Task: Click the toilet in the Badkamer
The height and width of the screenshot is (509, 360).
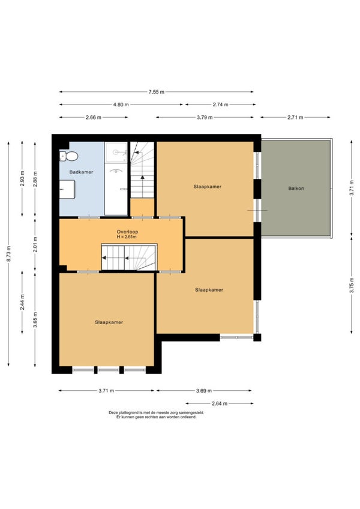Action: point(69,157)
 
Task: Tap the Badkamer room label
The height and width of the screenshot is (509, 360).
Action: point(81,172)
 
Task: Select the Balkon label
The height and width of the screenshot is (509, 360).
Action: point(296,188)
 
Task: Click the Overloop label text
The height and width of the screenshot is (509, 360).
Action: point(127,232)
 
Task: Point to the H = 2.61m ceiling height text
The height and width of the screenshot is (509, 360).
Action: point(127,237)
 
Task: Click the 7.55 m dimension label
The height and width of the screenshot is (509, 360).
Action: point(157,92)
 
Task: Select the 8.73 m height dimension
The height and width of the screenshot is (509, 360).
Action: point(9,254)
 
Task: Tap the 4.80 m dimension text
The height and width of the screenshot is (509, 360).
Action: point(121,104)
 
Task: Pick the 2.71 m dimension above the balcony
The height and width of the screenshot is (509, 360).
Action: point(295,118)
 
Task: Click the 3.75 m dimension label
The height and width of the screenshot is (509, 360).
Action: point(352,285)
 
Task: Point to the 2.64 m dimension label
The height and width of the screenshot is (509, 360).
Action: point(220,404)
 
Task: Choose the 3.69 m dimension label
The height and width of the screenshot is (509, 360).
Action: point(204,391)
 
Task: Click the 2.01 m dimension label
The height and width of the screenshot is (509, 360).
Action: point(35,244)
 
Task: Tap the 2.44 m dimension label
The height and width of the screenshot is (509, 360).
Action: point(22,303)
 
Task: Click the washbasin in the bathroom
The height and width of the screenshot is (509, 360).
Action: point(67,190)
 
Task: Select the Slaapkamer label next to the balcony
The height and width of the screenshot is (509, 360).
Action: point(208,187)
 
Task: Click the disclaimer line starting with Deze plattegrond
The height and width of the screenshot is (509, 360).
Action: point(156,412)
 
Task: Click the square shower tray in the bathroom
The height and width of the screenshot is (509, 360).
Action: point(116,152)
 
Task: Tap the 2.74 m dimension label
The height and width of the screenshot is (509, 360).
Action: point(221,104)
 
